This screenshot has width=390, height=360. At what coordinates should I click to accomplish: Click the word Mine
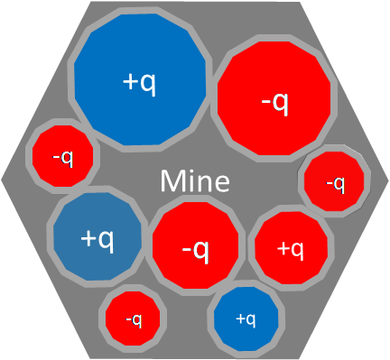195,181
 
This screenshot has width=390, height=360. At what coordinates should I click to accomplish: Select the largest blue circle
140,79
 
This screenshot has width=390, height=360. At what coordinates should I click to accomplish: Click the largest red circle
274,98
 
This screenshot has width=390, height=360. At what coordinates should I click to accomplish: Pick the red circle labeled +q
291,248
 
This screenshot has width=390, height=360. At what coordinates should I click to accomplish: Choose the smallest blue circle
246,318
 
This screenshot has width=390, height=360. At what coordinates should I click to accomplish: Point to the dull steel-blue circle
97,236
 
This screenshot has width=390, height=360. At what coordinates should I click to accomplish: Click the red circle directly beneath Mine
195,245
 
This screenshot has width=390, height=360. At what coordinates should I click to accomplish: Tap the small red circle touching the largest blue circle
63,156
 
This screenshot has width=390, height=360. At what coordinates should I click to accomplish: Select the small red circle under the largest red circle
334,181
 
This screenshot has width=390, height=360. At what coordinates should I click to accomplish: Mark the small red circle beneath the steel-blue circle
133,318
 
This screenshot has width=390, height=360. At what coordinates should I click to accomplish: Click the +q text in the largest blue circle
140,82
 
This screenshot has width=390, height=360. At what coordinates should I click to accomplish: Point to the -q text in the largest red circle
275,103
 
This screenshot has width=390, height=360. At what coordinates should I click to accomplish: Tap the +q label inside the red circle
291,250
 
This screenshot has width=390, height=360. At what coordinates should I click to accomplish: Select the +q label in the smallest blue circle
246,319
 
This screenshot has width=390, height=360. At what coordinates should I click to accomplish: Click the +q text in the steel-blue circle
97,239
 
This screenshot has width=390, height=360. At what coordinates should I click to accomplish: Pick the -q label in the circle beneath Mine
195,251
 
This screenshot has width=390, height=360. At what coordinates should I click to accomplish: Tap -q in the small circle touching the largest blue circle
63,158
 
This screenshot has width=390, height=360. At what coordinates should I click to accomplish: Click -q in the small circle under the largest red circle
335,184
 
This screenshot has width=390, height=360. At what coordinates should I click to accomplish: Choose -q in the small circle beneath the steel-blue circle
134,320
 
